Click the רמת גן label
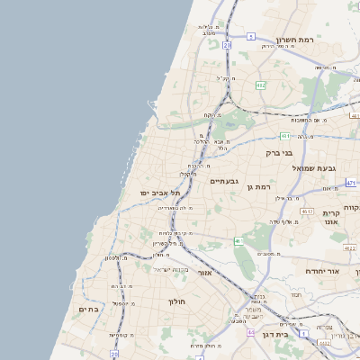(263, 186)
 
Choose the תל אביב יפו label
(160, 193)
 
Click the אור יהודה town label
(319, 271)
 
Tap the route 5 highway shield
(251, 37)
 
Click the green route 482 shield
(260, 85)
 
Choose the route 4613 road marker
(308, 211)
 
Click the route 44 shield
(250, 332)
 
